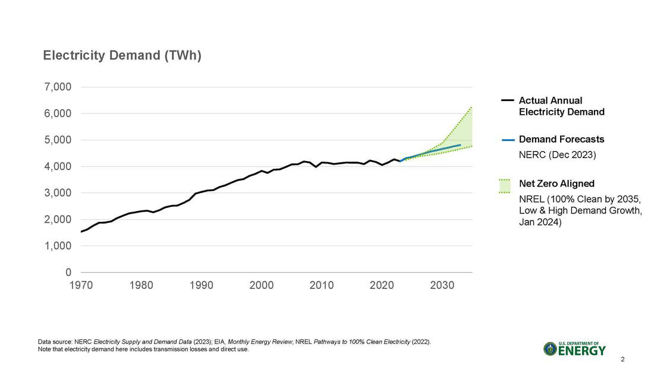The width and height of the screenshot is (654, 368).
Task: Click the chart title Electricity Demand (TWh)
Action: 122,56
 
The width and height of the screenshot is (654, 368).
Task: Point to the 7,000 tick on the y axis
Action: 58,87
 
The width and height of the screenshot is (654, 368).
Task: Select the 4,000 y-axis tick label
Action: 58,166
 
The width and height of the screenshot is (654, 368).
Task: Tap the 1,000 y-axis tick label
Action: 58,246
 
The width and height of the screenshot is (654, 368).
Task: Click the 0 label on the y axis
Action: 68,272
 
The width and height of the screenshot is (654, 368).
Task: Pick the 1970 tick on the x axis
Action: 81,285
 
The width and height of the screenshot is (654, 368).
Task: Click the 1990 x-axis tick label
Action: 201,285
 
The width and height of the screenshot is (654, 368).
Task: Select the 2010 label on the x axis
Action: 322,285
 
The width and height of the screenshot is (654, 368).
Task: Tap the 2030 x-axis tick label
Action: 442,285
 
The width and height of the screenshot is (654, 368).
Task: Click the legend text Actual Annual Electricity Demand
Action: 561,106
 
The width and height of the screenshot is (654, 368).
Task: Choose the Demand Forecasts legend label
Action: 561,139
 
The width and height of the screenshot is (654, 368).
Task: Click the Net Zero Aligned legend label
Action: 556,184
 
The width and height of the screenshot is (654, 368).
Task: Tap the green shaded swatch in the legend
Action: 505,186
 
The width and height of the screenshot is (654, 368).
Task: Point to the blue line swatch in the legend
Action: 507,140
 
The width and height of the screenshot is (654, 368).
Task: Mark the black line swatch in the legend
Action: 507,101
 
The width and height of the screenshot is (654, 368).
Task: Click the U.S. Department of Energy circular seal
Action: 550,349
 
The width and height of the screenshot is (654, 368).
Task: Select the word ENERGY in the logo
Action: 583,351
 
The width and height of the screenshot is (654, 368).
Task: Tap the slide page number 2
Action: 622,359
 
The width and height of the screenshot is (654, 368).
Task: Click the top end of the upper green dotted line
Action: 471,107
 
